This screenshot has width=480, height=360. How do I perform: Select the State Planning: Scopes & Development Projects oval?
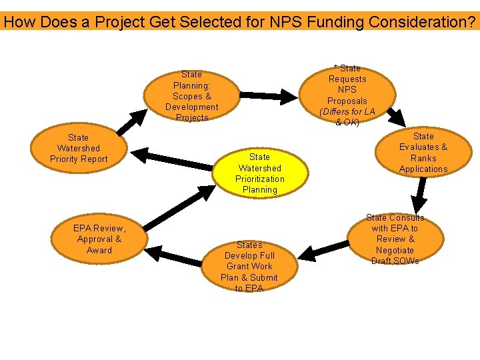pos(191,96)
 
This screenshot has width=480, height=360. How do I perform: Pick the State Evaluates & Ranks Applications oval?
pos(423,153)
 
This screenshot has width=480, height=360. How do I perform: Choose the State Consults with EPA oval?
pos(395,239)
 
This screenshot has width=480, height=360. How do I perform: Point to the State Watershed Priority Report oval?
pos(79,148)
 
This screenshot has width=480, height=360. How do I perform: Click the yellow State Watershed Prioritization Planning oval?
pos(259,173)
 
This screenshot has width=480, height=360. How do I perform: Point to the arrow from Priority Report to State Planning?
pos(133,123)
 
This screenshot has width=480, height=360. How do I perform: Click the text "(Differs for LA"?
pos(347,111)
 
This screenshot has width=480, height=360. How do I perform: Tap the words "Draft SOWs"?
pos(395,261)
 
